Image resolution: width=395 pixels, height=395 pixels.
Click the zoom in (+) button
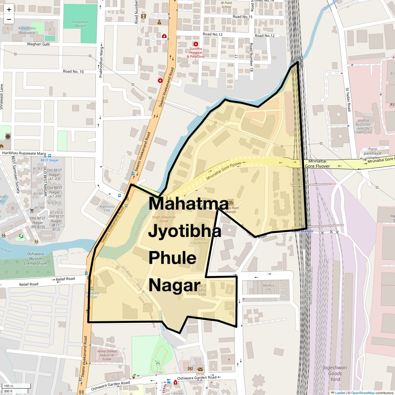tap(9, 10)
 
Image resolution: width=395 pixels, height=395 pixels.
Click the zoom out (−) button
tap(9, 19)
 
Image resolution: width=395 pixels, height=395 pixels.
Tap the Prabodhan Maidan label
tap(80, 24)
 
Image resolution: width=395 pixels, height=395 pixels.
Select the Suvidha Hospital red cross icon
tap(196, 44)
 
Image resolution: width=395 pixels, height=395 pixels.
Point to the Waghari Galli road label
tap(39, 44)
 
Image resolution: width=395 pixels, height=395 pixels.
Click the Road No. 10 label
tap(73, 71)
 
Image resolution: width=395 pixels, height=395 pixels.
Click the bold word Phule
tap(172, 258)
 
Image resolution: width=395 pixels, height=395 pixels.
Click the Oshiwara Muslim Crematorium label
tap(36, 259)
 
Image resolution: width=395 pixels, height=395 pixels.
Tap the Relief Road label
tap(29, 284)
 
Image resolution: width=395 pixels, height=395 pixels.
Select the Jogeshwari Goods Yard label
tap(335, 373)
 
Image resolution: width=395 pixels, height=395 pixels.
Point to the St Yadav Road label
tap(348, 99)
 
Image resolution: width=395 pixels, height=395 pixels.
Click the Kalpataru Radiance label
tap(27, 31)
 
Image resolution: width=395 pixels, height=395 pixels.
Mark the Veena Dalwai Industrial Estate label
tap(107, 355)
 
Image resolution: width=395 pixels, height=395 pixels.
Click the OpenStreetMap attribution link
tap(363, 393)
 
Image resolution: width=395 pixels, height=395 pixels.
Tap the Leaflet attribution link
tap(340, 393)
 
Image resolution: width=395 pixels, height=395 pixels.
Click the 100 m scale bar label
tap(9, 386)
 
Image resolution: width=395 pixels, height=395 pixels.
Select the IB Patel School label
tap(226, 5)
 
